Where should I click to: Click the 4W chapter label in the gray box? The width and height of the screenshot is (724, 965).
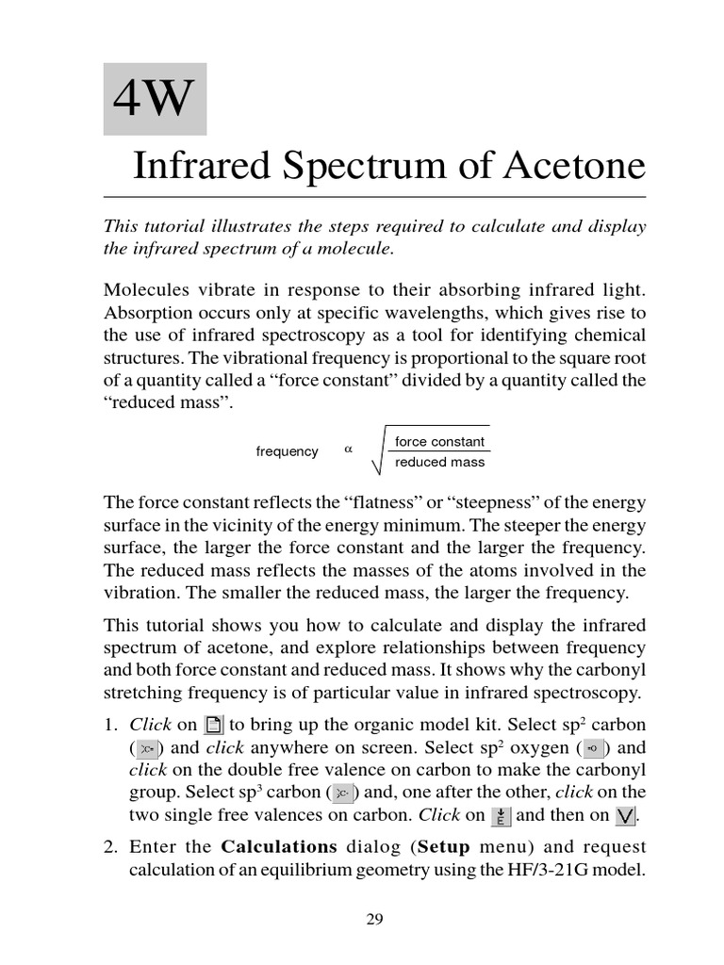pos(155,99)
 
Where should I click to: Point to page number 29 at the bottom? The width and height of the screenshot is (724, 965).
pos(374,921)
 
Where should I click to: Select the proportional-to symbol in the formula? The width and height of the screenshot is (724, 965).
pos(348,450)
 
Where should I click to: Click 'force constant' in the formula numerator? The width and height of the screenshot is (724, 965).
pos(439,442)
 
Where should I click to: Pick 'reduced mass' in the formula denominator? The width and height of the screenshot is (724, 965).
pos(439,463)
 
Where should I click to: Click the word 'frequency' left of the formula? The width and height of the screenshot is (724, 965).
pos(287,451)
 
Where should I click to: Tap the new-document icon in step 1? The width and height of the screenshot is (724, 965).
pos(214,726)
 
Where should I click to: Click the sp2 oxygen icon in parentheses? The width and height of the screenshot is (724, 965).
pos(593,749)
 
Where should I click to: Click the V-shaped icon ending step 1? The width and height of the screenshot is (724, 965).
pos(624,816)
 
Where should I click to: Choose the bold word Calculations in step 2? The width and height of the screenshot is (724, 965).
pos(279,846)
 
